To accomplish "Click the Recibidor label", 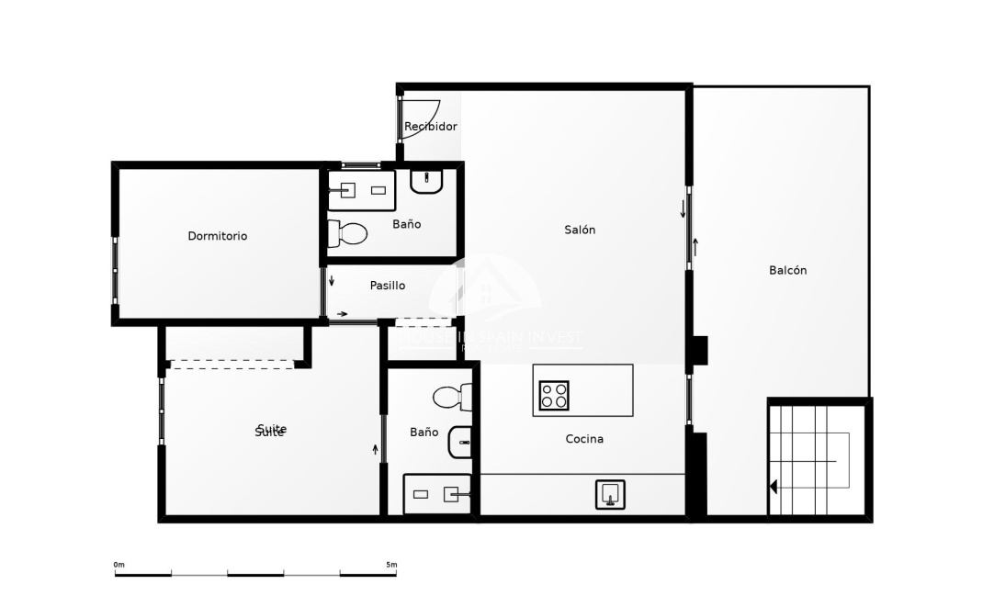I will [431, 127].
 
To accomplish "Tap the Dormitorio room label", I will [217, 236].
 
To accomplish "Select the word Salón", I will [580, 230].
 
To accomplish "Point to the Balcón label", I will [787, 270].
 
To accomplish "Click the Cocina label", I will [584, 439].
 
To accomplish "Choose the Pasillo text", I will [387, 286].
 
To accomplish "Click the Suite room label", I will [270, 431].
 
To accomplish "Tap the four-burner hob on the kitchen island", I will [554, 396].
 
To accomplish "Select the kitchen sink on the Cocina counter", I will [609, 494].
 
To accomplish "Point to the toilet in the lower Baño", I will [452, 398].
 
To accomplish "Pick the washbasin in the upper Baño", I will [426, 181].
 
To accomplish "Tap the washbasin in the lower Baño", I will [460, 443].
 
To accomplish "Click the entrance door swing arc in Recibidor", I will [415, 120].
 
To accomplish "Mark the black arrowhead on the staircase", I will [774, 487].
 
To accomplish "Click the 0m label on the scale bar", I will [119, 565].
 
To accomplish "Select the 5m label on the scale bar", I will [390, 565].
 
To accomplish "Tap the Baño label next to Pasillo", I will [406, 224].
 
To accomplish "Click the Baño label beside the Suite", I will [424, 432].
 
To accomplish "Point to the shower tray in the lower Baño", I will [437, 494].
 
